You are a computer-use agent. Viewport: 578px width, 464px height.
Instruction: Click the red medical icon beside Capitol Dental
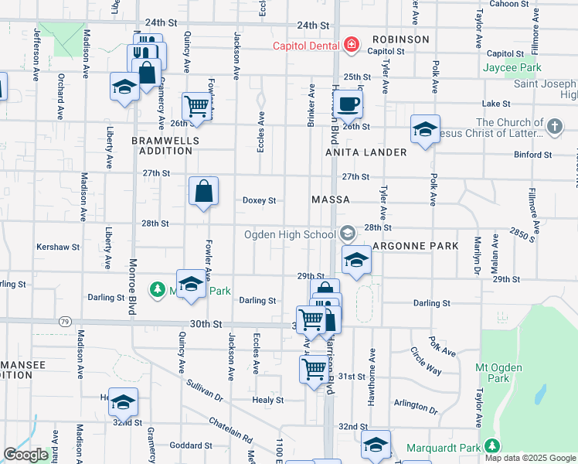pyautogui.click(x=351, y=46)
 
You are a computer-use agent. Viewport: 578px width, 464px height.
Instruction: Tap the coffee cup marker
pyautogui.click(x=348, y=103)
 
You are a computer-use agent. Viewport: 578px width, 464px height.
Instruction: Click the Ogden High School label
pyautogui.click(x=290, y=234)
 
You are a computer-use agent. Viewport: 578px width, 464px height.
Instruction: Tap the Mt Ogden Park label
pyautogui.click(x=499, y=373)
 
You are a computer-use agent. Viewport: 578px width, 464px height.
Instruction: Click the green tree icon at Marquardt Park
pyautogui.click(x=491, y=446)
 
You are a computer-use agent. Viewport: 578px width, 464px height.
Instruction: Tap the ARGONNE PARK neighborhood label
pyautogui.click(x=415, y=245)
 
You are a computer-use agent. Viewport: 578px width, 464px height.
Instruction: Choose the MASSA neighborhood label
pyautogui.click(x=330, y=200)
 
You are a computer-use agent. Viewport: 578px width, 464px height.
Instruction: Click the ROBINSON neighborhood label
pyautogui.click(x=400, y=39)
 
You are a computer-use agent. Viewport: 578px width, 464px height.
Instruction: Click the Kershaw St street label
pyautogui.click(x=57, y=247)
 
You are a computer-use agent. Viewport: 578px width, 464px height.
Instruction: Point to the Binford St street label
pyautogui.click(x=532, y=155)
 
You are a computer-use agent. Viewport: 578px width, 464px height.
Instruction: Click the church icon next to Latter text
pyautogui.click(x=554, y=125)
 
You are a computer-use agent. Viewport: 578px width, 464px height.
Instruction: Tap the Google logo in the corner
pyautogui.click(x=26, y=455)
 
